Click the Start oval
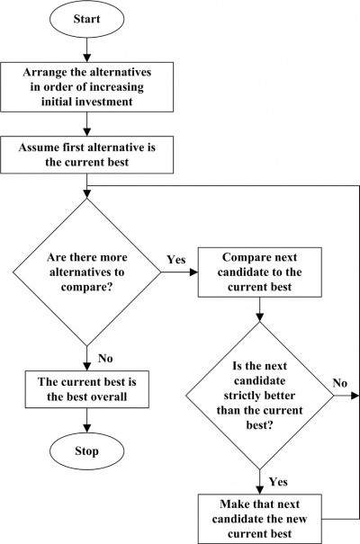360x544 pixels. click(86, 19)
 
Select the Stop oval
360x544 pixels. click(86, 451)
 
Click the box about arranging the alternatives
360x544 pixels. click(86, 87)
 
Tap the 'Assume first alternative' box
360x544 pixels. click(86, 155)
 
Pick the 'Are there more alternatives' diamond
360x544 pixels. click(86, 272)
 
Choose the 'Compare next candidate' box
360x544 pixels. click(260, 272)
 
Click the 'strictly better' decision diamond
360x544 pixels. click(260, 396)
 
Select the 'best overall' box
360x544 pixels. click(86, 389)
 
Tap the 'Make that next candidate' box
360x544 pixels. click(260, 519)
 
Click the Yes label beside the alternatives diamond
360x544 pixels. click(176, 260)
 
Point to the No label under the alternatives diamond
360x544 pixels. click(105, 358)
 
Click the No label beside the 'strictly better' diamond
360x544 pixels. click(340, 383)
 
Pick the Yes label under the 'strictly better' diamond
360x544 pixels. click(278, 482)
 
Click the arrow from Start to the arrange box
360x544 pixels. click(86, 50)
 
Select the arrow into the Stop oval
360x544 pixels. click(86, 421)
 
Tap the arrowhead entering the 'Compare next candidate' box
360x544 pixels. click(193, 272)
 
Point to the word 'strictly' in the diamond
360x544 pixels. click(240, 396)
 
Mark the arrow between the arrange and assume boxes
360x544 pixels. click(86, 124)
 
